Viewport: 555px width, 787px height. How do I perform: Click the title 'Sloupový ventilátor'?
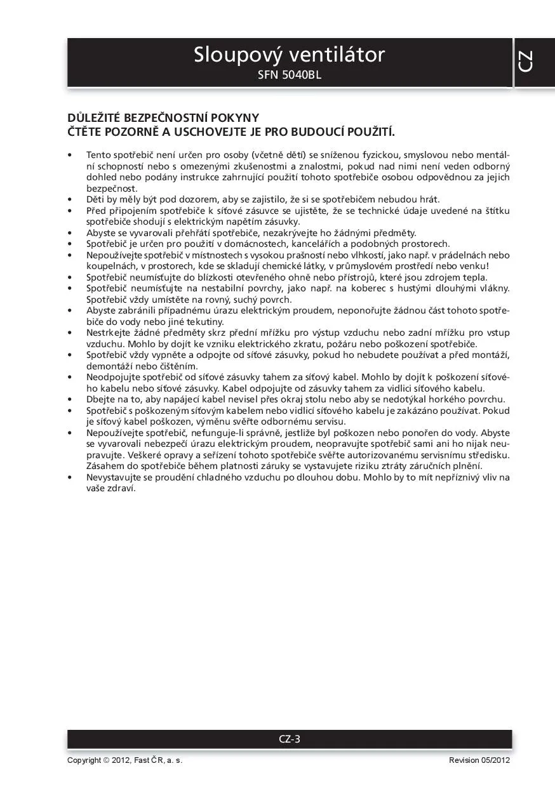click(x=289, y=55)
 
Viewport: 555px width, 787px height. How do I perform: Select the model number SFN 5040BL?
click(x=290, y=76)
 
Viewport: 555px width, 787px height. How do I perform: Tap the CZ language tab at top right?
click(x=525, y=61)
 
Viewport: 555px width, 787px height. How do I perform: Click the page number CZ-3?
click(x=290, y=739)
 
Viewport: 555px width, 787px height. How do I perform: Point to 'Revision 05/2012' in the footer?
click(x=479, y=760)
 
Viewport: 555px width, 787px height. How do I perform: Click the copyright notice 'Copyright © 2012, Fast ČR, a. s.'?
click(x=125, y=760)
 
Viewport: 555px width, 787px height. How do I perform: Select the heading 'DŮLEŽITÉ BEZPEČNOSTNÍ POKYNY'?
click(x=163, y=118)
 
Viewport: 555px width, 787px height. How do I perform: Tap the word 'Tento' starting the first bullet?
click(x=98, y=155)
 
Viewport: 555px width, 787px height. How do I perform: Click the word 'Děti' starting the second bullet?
click(x=96, y=199)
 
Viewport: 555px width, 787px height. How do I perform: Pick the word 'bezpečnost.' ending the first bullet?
click(x=112, y=188)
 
